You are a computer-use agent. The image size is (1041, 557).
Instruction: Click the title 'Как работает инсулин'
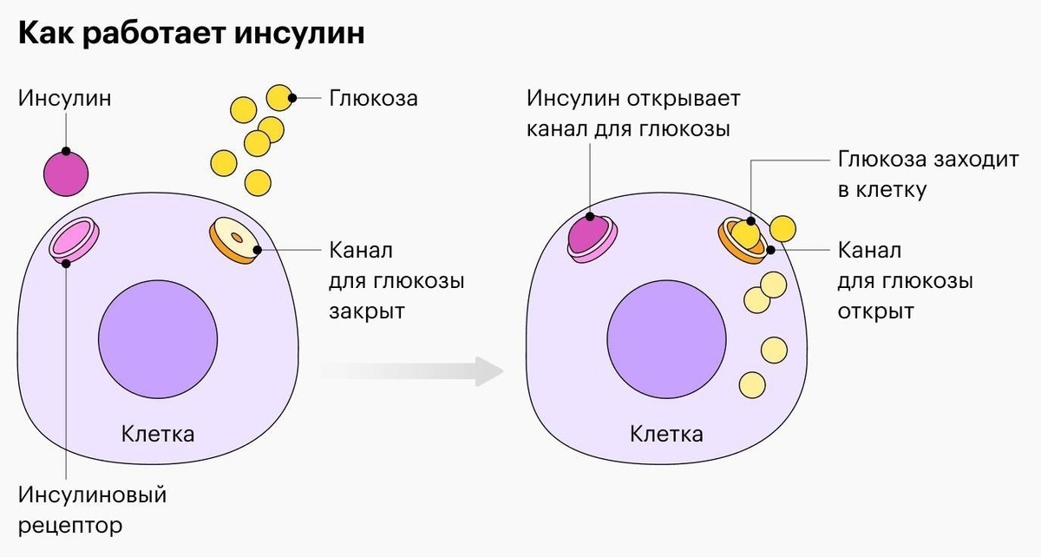[x=191, y=33]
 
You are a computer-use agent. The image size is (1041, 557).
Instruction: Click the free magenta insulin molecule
[x=66, y=174]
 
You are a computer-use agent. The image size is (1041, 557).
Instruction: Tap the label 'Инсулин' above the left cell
[x=64, y=98]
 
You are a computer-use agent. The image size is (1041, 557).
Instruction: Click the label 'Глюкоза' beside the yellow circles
[x=374, y=98]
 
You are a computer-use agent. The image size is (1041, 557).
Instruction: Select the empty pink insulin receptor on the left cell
[x=74, y=239]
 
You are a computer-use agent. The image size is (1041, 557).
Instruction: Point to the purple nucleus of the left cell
[x=158, y=339]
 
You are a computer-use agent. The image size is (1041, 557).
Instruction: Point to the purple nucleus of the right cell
[x=666, y=339]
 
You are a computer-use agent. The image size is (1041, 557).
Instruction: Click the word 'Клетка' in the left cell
[x=158, y=435]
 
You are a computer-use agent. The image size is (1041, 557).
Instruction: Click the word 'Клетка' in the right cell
[x=666, y=435]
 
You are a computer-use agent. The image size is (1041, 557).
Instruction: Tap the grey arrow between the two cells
[x=412, y=371]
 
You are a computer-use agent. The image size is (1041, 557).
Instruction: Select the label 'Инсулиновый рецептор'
[x=92, y=510]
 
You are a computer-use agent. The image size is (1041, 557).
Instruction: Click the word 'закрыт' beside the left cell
[x=367, y=311]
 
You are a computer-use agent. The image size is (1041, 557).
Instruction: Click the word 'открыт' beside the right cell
[x=875, y=311]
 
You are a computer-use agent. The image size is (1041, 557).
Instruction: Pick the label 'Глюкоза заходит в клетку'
[x=928, y=174]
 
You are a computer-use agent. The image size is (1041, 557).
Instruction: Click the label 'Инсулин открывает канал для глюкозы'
[x=633, y=114]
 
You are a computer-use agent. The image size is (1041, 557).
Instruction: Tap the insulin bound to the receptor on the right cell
[x=589, y=234]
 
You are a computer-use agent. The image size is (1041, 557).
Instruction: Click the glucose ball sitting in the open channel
[x=745, y=234]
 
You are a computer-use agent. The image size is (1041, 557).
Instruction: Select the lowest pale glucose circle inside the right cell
[x=752, y=385]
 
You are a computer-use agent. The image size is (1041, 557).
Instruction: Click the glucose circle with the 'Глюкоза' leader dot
[x=279, y=98]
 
